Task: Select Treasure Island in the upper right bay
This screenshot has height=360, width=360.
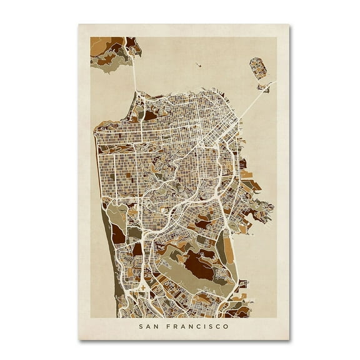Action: (257, 67)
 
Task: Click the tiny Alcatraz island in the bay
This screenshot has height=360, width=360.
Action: (197, 64)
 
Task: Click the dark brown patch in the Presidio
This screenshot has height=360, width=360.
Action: (151, 115)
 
